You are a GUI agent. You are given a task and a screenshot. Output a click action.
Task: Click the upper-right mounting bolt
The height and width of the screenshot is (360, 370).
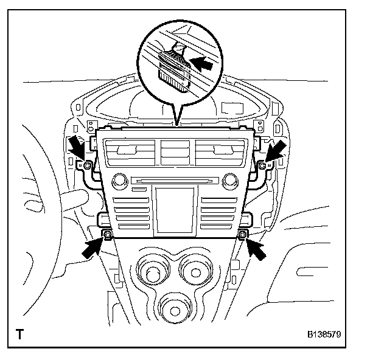262,165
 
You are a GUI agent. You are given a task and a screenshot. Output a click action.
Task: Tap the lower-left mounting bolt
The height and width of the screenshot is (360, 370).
108,235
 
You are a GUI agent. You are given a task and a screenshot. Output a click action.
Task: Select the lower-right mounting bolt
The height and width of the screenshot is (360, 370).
242,235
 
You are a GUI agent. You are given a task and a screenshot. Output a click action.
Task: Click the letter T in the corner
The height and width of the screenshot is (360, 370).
20,334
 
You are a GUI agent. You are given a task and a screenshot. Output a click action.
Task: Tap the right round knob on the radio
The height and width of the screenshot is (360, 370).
229,181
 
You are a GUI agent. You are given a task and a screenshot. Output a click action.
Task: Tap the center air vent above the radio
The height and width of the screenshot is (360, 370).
175,152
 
